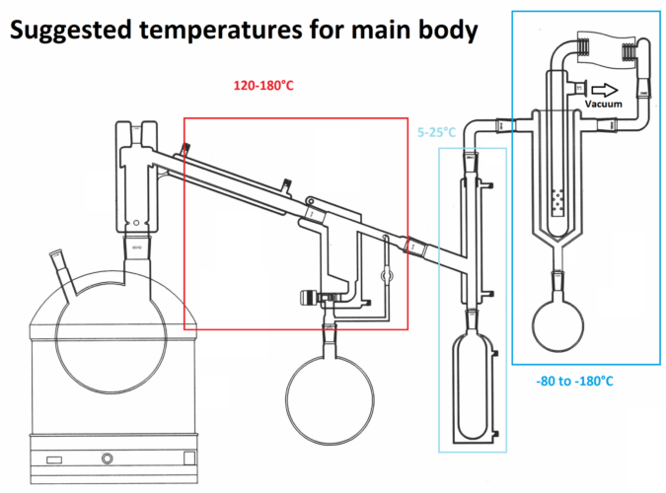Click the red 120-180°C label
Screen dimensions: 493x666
pos(263,86)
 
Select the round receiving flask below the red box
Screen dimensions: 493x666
pos(330,387)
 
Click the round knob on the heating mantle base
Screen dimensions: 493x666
pos(106,459)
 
